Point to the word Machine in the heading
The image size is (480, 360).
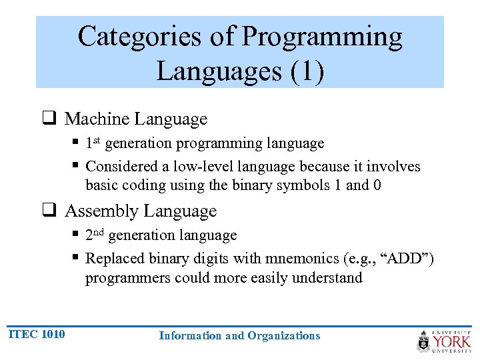(x=97, y=119)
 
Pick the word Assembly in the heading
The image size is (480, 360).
(x=102, y=211)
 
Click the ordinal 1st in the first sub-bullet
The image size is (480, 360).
(x=93, y=143)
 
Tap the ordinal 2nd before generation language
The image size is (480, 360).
(x=95, y=235)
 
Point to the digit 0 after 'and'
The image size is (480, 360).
(x=377, y=185)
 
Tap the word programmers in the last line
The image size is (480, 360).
(x=127, y=277)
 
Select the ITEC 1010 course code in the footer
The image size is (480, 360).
(x=37, y=334)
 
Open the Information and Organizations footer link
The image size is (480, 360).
(x=239, y=335)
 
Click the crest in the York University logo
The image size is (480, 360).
(x=424, y=342)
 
